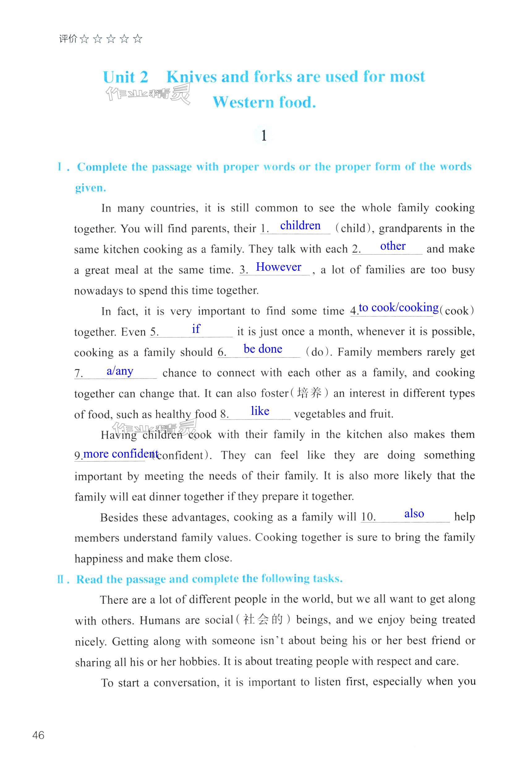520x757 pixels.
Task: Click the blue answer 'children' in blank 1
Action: tap(300, 225)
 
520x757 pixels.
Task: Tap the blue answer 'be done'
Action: tap(263, 349)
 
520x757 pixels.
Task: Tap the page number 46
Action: tap(38, 735)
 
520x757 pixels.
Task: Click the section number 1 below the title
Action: tap(264, 135)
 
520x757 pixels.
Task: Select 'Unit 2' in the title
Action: tap(126, 77)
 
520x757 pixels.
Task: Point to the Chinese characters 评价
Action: tap(68, 39)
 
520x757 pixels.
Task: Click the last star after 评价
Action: tap(138, 39)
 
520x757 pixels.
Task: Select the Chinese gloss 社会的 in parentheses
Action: tap(263, 619)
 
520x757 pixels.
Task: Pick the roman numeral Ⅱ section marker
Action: tap(61, 579)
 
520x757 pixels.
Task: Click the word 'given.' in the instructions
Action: tap(91, 188)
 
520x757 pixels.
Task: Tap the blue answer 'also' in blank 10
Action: tap(414, 514)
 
